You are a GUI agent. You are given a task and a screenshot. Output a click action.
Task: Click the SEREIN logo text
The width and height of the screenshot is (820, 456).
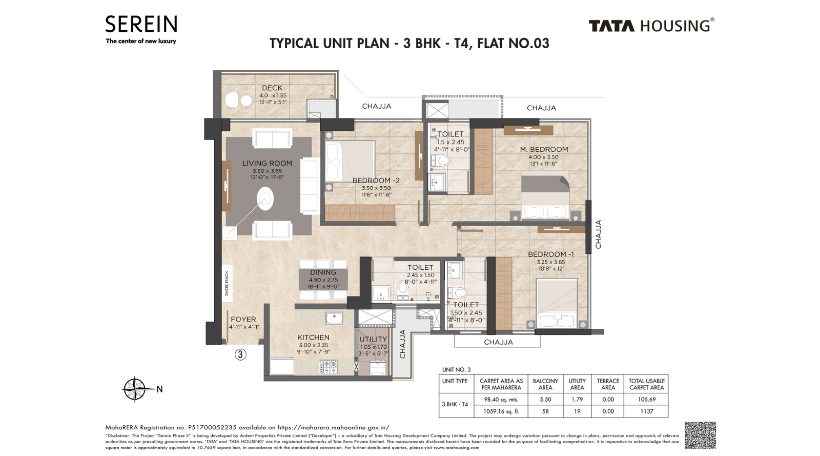[x=141, y=25]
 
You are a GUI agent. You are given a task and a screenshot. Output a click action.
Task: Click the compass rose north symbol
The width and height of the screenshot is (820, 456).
[x=135, y=389]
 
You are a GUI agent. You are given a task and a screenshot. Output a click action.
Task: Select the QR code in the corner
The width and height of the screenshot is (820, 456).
[x=700, y=435]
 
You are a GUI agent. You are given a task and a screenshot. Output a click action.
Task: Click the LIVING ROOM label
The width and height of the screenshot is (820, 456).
[x=267, y=163]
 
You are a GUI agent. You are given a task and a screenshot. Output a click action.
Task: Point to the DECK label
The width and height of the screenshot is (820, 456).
[x=272, y=88]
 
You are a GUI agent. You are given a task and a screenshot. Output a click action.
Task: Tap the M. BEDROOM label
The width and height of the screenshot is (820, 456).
[x=544, y=149]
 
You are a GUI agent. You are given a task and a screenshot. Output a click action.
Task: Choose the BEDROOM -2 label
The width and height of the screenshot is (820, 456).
[x=376, y=181]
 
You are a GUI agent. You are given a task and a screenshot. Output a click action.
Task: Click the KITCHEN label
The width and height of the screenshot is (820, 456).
[x=313, y=338]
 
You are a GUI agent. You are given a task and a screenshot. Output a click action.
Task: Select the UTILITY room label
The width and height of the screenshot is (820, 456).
[x=373, y=339]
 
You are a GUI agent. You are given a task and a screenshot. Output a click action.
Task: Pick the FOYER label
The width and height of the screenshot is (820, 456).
[x=243, y=319]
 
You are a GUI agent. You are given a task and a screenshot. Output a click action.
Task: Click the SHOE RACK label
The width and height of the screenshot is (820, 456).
[x=227, y=283]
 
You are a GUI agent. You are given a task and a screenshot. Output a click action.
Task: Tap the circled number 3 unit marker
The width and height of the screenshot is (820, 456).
[x=240, y=354]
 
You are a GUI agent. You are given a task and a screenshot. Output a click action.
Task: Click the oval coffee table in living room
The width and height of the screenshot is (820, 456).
[x=265, y=199]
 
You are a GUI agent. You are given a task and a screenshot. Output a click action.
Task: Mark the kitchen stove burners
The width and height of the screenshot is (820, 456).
[x=329, y=366]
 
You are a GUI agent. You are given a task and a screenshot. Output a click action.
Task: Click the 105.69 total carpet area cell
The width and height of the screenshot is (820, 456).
[x=646, y=399]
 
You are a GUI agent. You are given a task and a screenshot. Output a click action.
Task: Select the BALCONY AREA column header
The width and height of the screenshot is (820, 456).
[x=545, y=384]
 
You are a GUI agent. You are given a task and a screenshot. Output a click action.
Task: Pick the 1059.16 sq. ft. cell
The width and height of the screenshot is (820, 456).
[x=501, y=411]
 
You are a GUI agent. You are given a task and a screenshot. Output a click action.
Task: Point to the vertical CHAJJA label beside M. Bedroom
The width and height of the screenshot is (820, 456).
[x=598, y=234]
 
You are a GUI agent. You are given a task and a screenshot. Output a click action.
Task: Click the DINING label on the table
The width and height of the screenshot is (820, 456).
[x=323, y=272]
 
